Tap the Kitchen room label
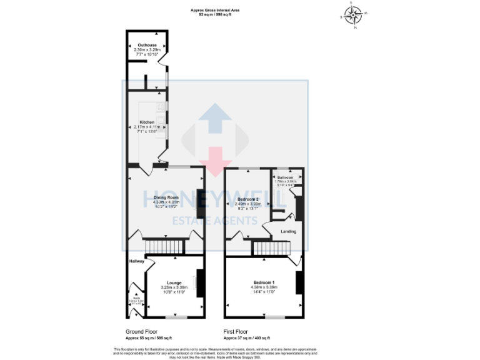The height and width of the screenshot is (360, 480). tap(147, 122)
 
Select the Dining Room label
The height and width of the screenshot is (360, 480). tap(166, 197)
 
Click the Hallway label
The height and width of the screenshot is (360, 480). tap(137, 261)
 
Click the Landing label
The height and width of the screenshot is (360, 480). tap(288, 232)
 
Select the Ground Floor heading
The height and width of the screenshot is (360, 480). tap(142, 332)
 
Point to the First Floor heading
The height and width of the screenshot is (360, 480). tap(236, 332)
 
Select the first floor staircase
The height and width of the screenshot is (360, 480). tap(272, 249)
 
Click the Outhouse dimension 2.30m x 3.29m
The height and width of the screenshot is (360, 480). tap(147, 50)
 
